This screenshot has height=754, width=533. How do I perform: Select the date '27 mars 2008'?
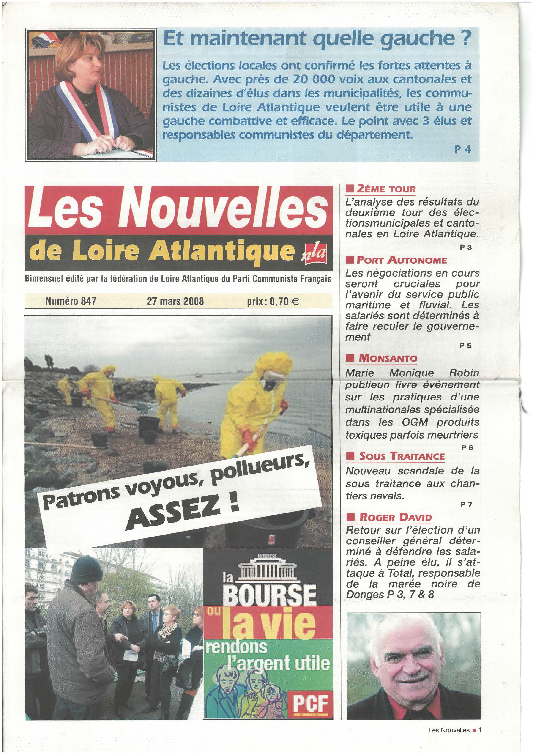(x=175, y=301)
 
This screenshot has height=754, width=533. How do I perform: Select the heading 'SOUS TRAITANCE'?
(x=402, y=456)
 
